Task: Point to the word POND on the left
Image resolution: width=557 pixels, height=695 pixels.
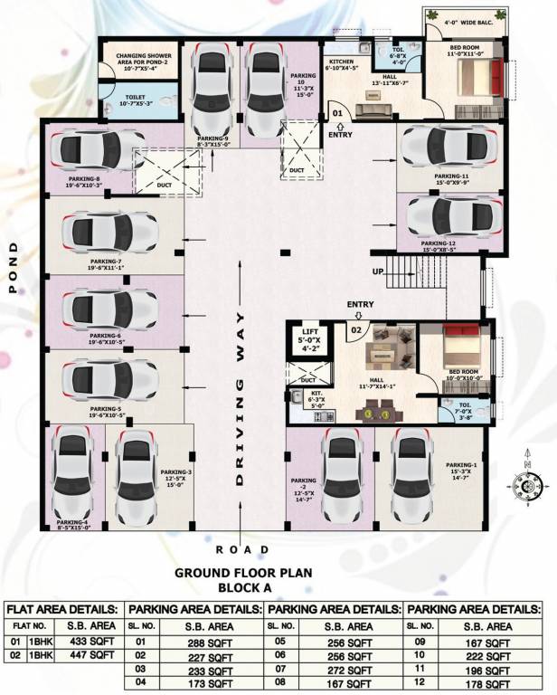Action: click(14, 268)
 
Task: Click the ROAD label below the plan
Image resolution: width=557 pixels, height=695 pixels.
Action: click(241, 549)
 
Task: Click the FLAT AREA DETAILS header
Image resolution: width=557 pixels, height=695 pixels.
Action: click(64, 609)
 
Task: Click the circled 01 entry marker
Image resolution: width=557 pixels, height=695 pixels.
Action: click(336, 113)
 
